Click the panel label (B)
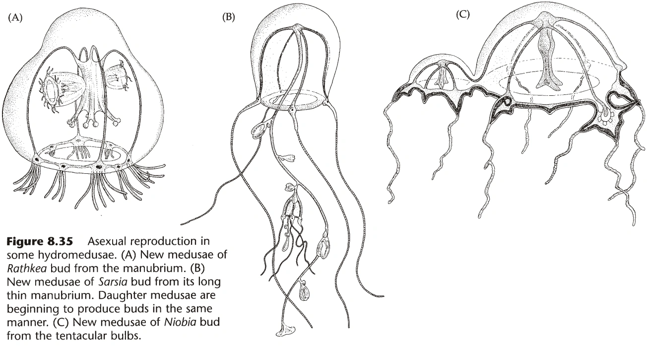point(229,17)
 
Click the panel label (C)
point(462,14)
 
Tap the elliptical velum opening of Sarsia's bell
point(293,100)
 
